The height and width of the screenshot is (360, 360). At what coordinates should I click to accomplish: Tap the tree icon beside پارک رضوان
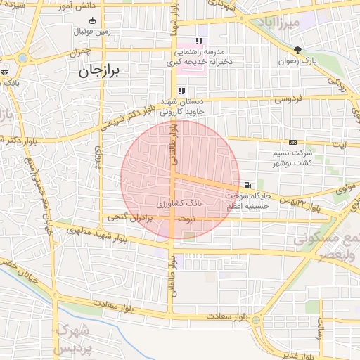coord(298,49)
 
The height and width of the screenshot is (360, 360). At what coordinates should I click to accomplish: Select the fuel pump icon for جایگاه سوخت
coord(247,185)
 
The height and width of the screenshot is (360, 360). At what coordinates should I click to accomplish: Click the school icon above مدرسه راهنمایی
coord(199,41)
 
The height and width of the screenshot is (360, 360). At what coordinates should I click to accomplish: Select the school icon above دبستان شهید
coord(181,91)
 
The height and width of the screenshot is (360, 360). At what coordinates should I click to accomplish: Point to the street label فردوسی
coord(288,98)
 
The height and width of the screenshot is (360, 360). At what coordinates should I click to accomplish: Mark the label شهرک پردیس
coord(74,339)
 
